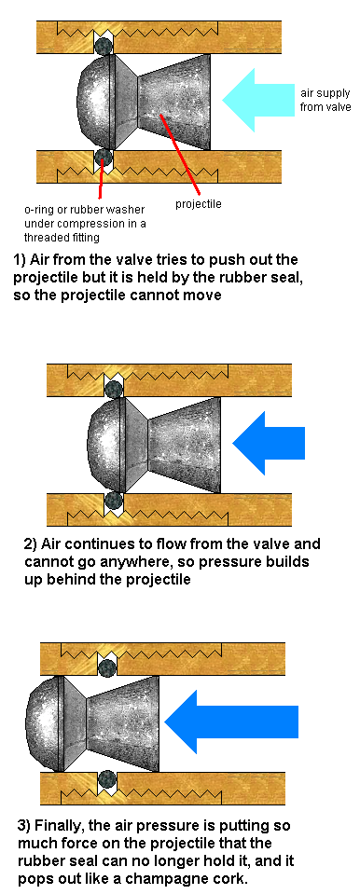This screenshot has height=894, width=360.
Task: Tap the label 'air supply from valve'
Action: [x=323, y=100]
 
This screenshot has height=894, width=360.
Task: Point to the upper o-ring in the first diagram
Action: [x=104, y=47]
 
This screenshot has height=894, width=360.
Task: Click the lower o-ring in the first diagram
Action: [x=104, y=156]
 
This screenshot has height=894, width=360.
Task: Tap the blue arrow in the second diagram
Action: [x=269, y=443]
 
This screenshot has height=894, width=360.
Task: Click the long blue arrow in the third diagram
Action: [x=231, y=722]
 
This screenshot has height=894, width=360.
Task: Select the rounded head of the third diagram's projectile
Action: [x=43, y=723]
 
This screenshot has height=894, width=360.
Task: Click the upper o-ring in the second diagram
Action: [x=114, y=390]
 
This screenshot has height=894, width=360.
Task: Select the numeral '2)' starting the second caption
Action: [x=32, y=543]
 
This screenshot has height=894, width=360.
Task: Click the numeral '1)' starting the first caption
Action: [x=21, y=260]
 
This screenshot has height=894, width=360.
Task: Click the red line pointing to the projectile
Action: [x=181, y=154]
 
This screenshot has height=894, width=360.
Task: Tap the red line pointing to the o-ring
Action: [x=102, y=180]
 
